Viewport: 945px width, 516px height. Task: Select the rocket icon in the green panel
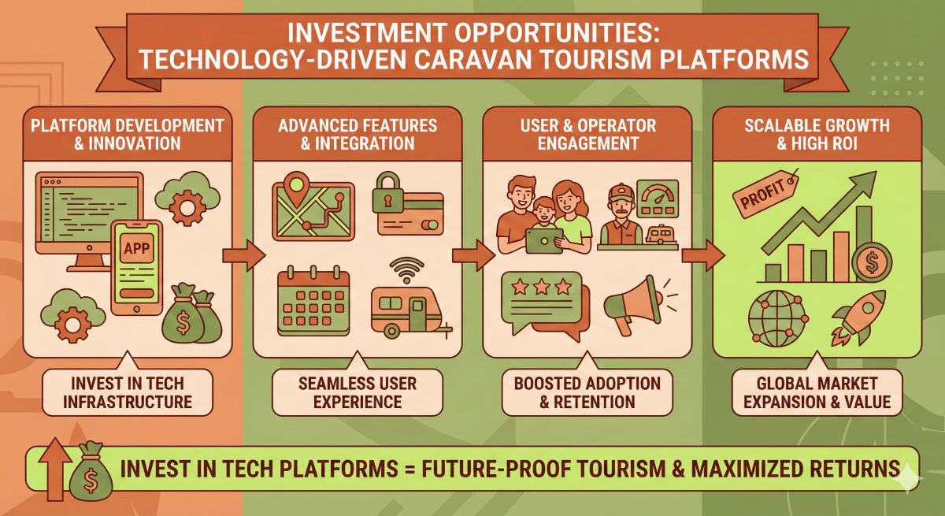point(862,314)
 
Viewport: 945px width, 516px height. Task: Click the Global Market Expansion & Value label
point(811,392)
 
